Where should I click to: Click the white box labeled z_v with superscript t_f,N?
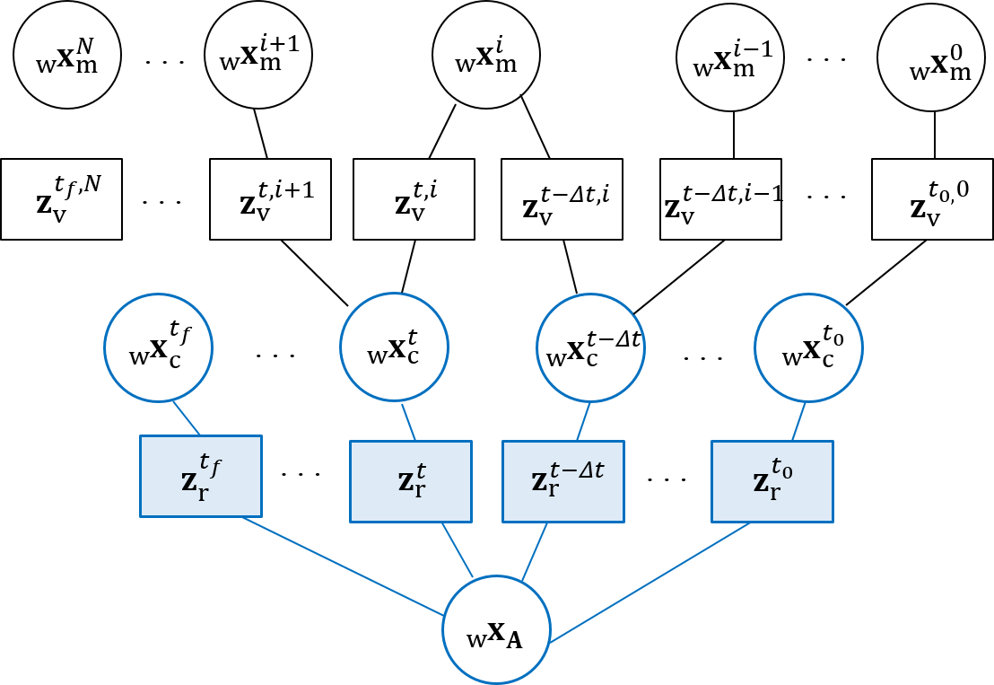click(61, 199)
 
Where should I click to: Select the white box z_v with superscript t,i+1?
click(270, 199)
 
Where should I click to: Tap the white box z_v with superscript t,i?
click(414, 199)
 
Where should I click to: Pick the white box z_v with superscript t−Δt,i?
click(562, 199)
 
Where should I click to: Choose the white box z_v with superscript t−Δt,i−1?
click(720, 199)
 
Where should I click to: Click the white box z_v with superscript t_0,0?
click(932, 199)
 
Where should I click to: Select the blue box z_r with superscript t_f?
click(201, 476)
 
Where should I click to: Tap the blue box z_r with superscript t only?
click(411, 481)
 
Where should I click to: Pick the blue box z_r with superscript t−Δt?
click(563, 481)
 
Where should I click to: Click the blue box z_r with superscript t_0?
click(772, 481)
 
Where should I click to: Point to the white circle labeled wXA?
click(496, 629)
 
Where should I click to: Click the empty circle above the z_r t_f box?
click(159, 347)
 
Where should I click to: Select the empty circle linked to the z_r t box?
click(394, 347)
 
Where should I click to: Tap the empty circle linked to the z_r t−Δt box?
click(590, 347)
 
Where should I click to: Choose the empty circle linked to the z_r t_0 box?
click(808, 347)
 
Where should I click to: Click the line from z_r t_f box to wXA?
click(341, 566)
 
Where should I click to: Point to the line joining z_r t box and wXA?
click(457, 549)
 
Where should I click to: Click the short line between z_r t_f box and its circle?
click(187, 418)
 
